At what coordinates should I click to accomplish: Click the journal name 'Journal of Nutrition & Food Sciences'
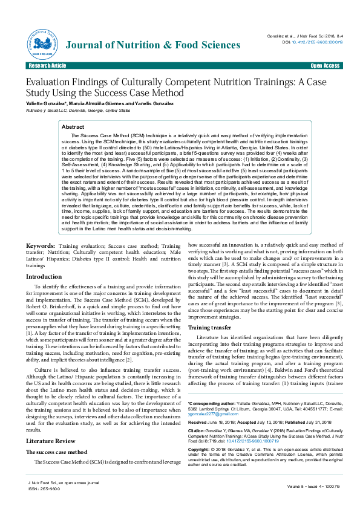tap(153, 45)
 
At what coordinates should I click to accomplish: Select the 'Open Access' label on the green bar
tap(325, 65)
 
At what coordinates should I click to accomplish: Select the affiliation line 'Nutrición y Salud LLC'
tap(77, 111)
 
